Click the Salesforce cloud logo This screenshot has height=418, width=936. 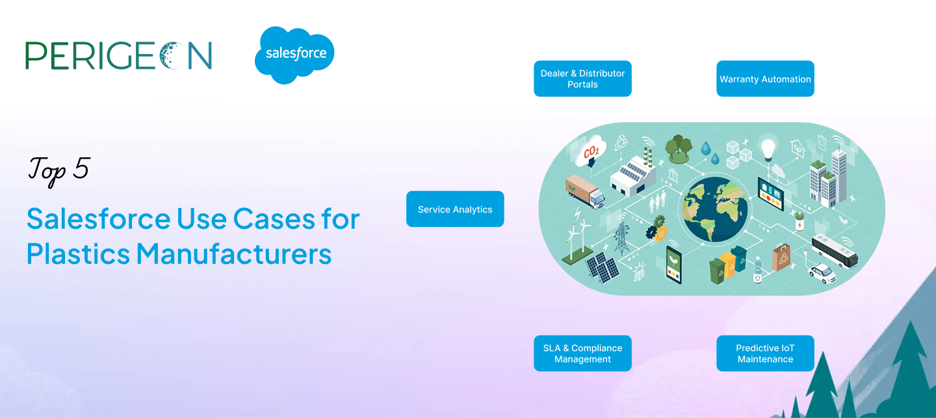(294, 55)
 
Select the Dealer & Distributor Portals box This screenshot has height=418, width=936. (582, 79)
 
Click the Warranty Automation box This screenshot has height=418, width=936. (765, 79)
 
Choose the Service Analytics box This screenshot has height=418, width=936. (455, 209)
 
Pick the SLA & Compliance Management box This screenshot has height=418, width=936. (582, 353)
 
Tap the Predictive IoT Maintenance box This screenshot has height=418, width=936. (765, 353)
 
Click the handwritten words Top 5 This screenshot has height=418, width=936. (58, 170)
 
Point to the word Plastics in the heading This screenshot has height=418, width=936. (79, 254)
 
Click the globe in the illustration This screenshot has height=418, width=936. (715, 209)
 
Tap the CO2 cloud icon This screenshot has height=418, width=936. (591, 151)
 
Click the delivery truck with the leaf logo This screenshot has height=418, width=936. (585, 191)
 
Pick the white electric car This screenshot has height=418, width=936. (822, 273)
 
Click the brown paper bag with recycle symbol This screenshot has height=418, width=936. (781, 257)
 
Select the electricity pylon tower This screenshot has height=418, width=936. (621, 238)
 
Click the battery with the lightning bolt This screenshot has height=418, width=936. (799, 222)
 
